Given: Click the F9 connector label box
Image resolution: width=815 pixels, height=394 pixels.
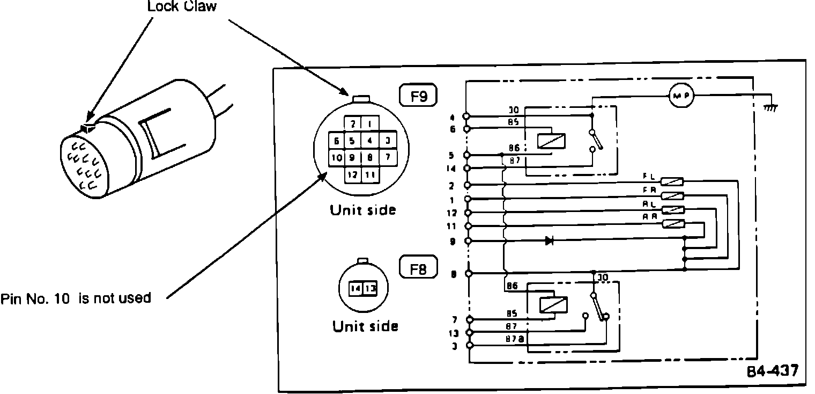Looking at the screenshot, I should (419, 97).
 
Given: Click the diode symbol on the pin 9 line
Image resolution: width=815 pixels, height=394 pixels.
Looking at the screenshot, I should (549, 241).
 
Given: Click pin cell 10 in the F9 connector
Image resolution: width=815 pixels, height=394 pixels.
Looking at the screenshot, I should (336, 158).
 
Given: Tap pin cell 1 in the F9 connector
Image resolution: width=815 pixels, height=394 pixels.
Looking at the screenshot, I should (369, 123).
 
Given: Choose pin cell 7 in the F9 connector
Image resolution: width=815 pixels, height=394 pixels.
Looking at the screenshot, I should (387, 158).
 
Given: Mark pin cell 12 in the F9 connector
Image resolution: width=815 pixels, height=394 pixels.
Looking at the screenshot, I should (353, 174).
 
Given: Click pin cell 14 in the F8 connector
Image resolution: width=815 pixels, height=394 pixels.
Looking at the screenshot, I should (355, 288).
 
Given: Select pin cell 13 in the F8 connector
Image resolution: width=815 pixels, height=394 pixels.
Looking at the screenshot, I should (371, 288).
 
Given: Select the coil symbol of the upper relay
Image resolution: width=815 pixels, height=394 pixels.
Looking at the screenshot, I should (551, 141).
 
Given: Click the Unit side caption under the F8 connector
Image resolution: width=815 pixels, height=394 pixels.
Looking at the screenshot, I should (365, 326).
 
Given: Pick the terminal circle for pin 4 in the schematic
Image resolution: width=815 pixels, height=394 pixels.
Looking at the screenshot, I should (467, 116).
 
